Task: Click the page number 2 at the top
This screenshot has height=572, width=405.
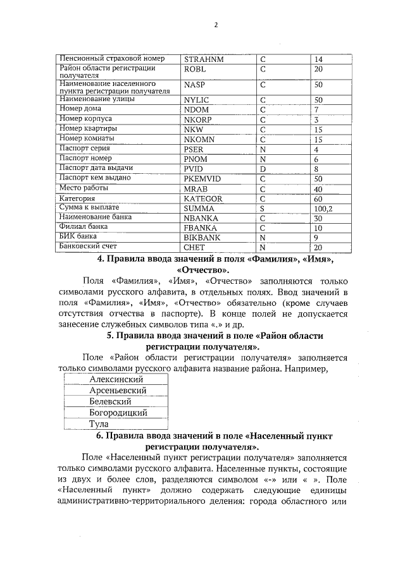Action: coord(215,25)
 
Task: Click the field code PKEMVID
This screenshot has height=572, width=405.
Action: coord(202,179)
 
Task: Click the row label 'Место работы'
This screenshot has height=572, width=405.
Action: coord(84,188)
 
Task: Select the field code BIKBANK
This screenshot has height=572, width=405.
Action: coord(201,237)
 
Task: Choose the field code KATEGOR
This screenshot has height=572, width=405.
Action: coord(203,198)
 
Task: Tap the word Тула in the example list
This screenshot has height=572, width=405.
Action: coord(98,423)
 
